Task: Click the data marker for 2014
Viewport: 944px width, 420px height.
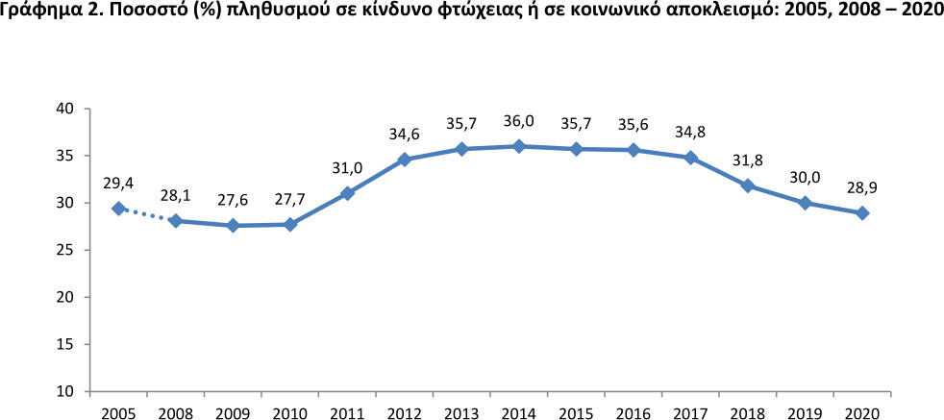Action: [518, 146]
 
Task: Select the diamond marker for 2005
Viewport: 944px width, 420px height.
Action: [118, 209]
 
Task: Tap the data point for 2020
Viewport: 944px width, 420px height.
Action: [862, 212]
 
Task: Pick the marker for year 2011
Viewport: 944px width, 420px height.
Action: [347, 193]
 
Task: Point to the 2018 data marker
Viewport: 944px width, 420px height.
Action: [748, 185]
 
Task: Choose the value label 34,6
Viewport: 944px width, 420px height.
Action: [404, 135]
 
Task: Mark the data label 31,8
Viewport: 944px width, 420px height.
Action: [748, 161]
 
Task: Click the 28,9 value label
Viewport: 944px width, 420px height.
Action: [862, 188]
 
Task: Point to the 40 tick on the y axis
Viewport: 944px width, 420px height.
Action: [64, 109]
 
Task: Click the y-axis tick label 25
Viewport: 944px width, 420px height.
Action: [64, 250]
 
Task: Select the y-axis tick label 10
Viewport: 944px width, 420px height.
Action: [64, 391]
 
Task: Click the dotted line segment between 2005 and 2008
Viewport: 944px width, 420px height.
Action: [147, 214]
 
